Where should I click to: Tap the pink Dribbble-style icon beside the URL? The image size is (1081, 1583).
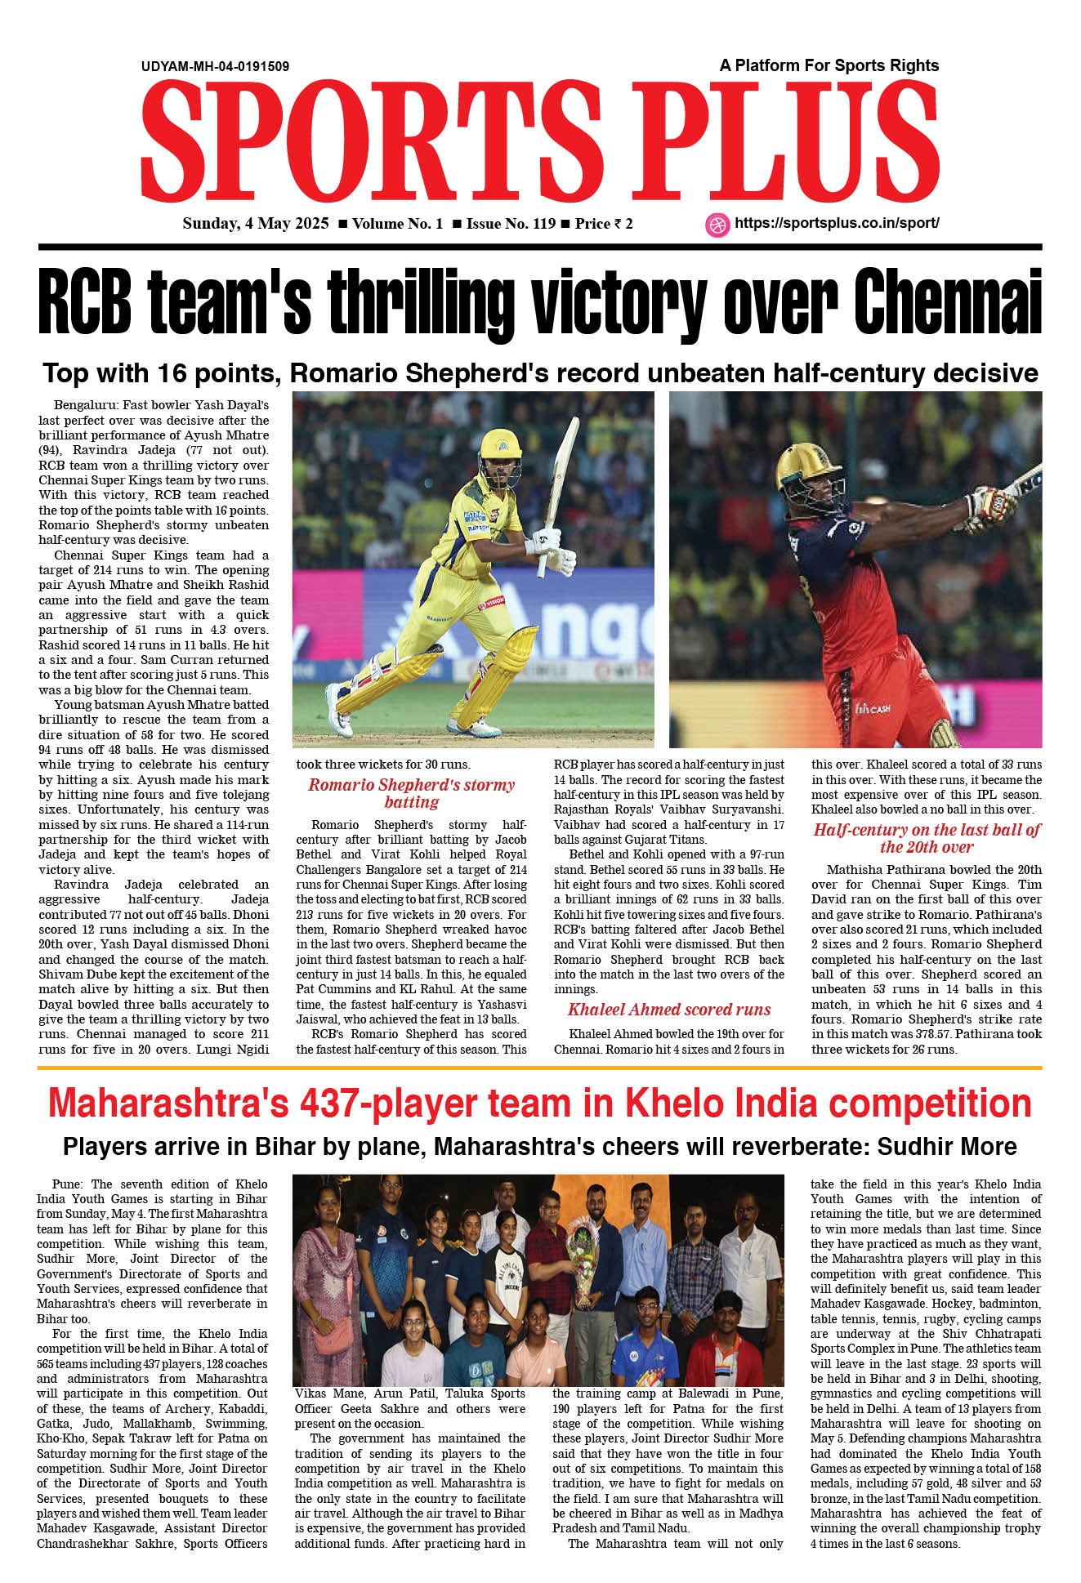pos(717,225)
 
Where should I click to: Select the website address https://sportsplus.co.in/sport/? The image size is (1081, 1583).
pos(837,223)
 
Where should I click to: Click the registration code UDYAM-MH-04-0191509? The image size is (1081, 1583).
pos(215,67)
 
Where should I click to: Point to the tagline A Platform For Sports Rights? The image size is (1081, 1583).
pos(829,65)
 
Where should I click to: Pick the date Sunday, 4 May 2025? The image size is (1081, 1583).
pos(255,224)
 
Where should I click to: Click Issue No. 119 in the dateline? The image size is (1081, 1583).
pos(511,224)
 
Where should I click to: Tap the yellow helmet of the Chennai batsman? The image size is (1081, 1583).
pos(500,445)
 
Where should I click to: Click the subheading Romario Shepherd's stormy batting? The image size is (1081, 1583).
pos(411,793)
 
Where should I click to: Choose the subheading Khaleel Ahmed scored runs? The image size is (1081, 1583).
pos(669,1010)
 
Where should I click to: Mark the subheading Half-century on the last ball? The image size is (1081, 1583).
pos(927,838)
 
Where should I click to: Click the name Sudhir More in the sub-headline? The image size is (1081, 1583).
pos(947,1147)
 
